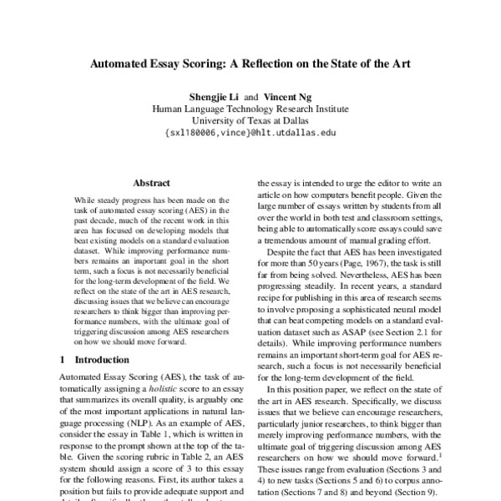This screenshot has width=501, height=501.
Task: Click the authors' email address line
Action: point(250,132)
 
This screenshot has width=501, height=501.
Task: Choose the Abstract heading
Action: point(152,183)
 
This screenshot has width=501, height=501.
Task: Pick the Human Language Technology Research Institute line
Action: point(250,108)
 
